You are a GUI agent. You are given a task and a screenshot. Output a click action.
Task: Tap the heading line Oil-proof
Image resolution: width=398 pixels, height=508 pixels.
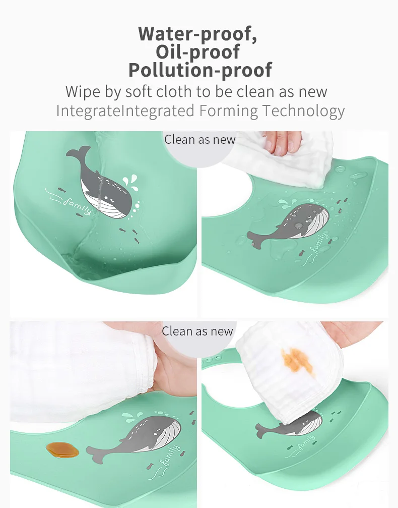click(198, 51)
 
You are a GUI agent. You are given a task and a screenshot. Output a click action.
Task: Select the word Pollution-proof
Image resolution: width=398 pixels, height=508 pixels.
click(200, 70)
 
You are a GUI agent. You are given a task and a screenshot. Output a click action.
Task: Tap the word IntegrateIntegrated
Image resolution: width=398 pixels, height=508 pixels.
click(125, 110)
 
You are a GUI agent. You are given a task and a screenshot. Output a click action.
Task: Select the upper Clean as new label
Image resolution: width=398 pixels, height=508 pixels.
click(200, 139)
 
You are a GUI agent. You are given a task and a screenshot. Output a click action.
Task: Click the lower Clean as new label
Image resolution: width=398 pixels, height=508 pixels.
click(197, 331)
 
